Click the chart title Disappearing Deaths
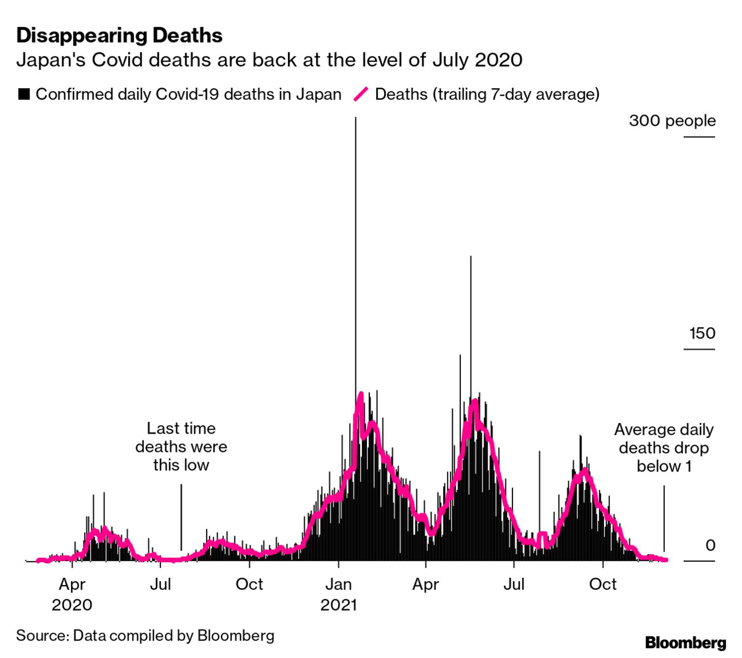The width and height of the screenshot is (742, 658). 119,35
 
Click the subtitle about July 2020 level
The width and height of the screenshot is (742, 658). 269,60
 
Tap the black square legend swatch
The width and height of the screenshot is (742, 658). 24,94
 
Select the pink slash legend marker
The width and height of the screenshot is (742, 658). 361,94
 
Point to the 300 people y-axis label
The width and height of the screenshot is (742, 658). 672,121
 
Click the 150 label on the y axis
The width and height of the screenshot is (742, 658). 702,333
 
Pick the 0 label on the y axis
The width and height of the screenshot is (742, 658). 710,545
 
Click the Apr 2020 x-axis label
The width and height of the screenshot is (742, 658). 72,594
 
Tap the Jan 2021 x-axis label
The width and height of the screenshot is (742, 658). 339,594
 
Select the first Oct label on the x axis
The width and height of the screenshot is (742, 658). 249,584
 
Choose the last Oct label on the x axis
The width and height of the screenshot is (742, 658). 603,584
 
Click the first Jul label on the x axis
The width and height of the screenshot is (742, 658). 160,584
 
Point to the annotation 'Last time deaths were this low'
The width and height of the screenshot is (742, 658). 181,447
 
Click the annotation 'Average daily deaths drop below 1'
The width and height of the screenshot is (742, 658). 664,448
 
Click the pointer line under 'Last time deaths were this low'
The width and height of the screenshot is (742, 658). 181,517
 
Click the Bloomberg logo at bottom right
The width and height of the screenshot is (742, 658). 685,642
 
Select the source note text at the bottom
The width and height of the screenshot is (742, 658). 145,635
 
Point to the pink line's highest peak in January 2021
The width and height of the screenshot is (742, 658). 361,395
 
